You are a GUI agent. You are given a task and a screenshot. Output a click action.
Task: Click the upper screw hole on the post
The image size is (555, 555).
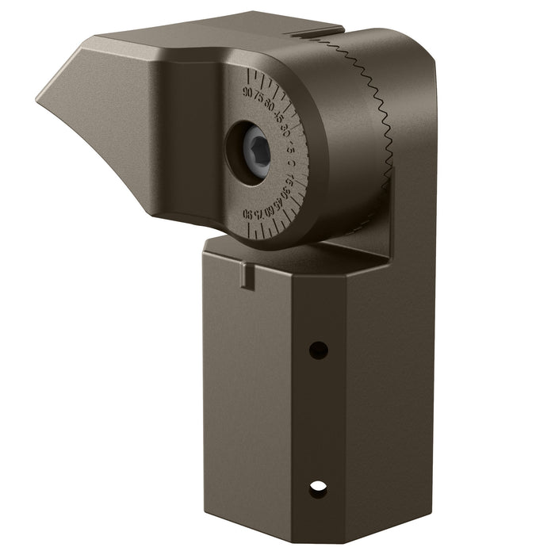318,350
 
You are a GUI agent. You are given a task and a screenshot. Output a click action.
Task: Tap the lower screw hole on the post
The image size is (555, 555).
318,489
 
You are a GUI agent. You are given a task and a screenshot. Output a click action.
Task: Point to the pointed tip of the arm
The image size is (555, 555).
40,98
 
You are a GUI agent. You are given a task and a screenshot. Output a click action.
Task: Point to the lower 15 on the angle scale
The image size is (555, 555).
290,181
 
